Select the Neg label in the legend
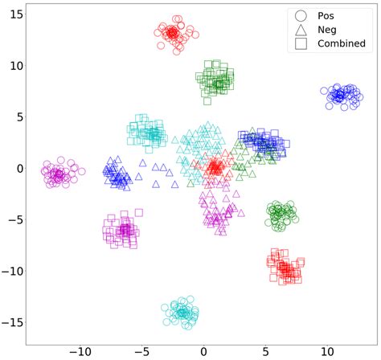pyautogui.click(x=328, y=30)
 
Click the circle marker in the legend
pyautogui.click(x=301, y=15)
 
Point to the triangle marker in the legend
pyautogui.click(x=301, y=30)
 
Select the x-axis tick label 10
pyautogui.click(x=327, y=350)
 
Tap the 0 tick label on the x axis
pyautogui.click(x=204, y=350)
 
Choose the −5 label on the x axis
pyautogui.click(x=141, y=350)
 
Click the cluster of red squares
pyautogui.click(x=285, y=268)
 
